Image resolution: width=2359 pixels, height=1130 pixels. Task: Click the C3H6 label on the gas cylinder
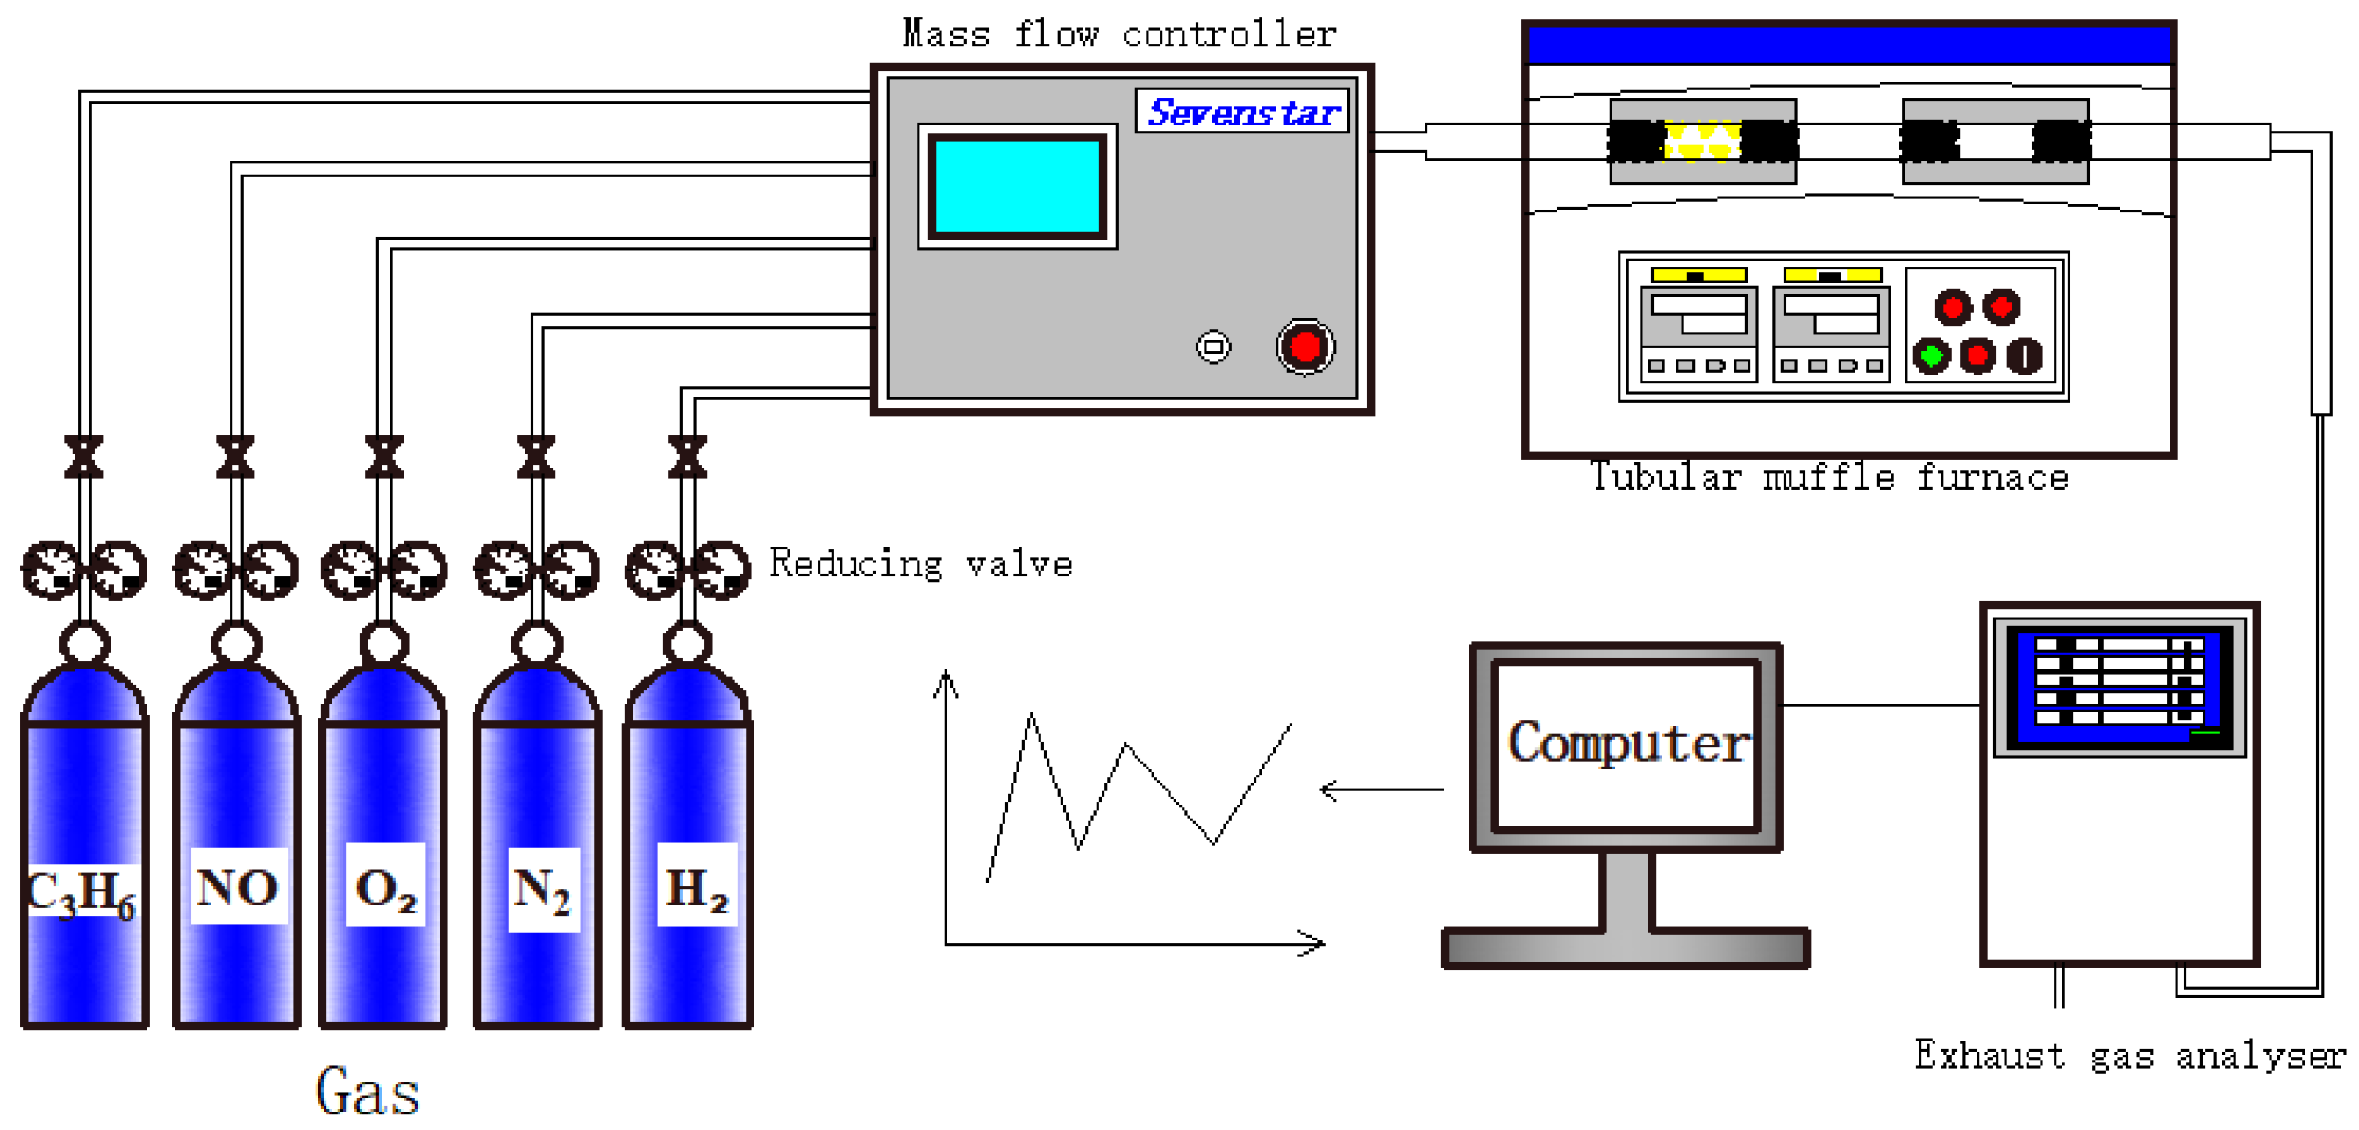(x=82, y=891)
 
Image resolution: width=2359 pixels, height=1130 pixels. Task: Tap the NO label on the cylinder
(x=237, y=886)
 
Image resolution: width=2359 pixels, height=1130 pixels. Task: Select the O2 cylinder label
(x=385, y=886)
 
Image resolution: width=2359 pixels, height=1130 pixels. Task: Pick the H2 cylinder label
(x=697, y=886)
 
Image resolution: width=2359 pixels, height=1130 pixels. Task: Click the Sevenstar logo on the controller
(x=1243, y=111)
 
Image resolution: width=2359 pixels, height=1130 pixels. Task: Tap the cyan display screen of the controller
(x=1017, y=186)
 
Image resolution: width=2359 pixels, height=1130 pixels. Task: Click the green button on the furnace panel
(x=1932, y=354)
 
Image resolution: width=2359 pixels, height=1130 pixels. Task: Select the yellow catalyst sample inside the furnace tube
(x=1702, y=142)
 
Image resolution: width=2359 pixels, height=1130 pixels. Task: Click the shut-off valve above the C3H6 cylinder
(x=83, y=457)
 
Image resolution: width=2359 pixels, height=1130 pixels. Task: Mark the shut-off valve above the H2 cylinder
(x=688, y=457)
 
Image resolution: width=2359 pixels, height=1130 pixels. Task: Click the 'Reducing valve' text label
(x=920, y=563)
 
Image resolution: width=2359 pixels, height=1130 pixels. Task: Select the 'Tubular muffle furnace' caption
(x=1829, y=477)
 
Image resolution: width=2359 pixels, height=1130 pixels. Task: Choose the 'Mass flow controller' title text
(x=1119, y=35)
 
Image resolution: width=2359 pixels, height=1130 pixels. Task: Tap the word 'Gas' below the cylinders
(x=368, y=1091)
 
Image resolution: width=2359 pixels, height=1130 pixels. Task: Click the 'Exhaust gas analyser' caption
(x=2130, y=1055)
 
